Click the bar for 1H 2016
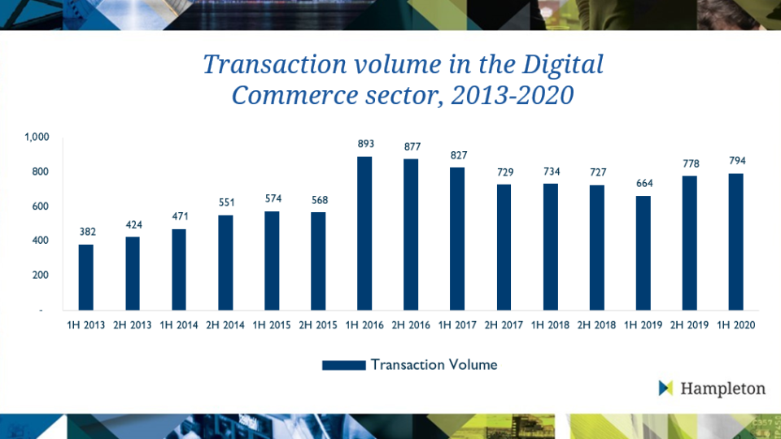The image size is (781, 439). (365, 233)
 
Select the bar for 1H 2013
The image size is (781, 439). (86, 277)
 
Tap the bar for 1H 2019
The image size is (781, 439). (644, 253)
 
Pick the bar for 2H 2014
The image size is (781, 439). (225, 263)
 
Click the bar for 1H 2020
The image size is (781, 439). (736, 242)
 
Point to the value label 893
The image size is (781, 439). (365, 144)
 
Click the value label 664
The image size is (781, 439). (644, 183)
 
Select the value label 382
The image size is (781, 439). (87, 232)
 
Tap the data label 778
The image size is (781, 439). (690, 163)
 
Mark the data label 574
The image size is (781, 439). (273, 198)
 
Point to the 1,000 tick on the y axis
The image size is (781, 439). (37, 137)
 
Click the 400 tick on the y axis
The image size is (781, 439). (41, 241)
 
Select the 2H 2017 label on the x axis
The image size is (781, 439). (504, 325)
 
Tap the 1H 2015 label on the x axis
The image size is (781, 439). (273, 325)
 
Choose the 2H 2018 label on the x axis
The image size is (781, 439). (597, 325)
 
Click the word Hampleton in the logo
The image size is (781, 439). (724, 389)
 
